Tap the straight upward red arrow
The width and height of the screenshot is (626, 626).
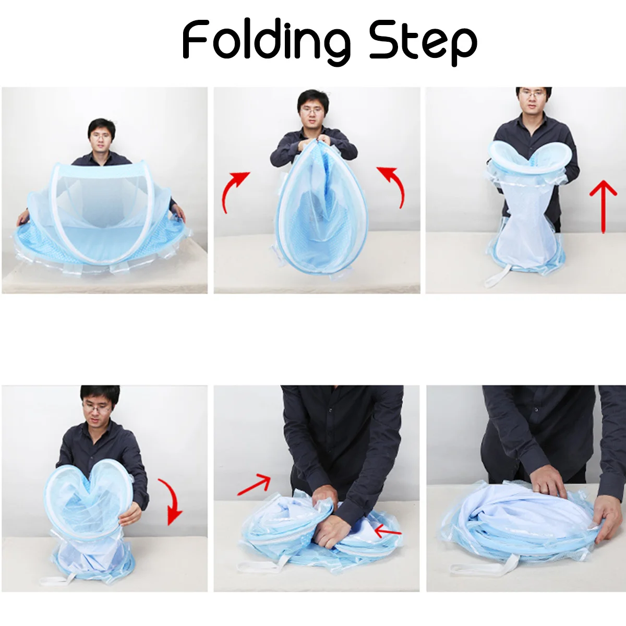[x=603, y=206]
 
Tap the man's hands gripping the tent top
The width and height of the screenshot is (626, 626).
[x=317, y=139]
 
